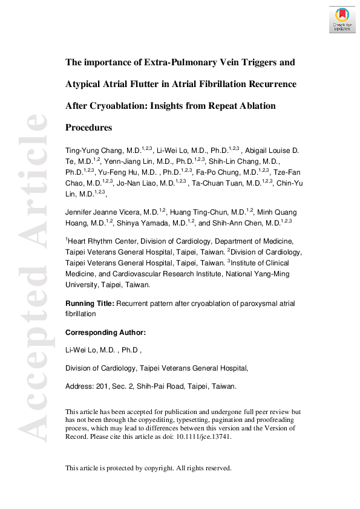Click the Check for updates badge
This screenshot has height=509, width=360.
[x=342, y=19]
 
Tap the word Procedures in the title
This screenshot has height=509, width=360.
[x=88, y=128]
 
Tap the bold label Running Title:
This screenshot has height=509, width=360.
[x=90, y=303]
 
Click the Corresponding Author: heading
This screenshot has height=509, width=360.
[x=105, y=332]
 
